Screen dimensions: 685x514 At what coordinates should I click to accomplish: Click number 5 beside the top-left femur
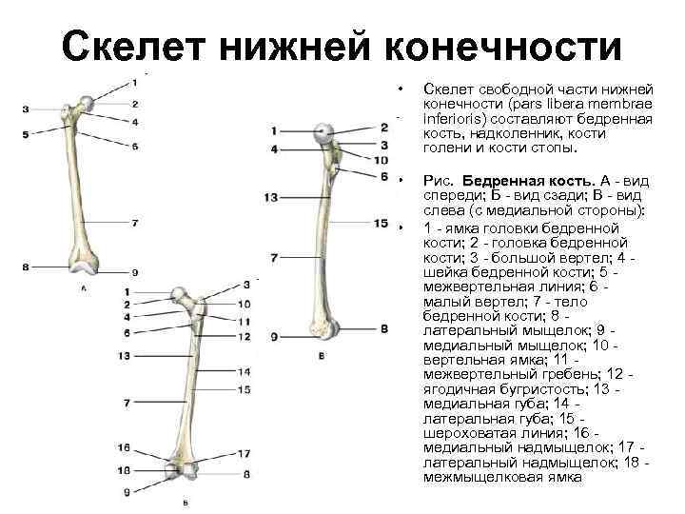[x=25, y=132]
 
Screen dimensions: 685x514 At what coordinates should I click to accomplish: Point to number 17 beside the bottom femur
[x=245, y=453]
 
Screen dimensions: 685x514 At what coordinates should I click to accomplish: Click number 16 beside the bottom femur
[x=125, y=447]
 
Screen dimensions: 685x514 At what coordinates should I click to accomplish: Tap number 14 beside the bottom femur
[x=245, y=373]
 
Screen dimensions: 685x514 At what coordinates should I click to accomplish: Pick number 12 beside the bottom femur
[x=245, y=336]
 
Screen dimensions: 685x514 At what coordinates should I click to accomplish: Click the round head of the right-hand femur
[x=323, y=134]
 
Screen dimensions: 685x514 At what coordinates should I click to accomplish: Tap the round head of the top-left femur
[x=87, y=102]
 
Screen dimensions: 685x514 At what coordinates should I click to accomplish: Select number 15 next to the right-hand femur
[x=382, y=224]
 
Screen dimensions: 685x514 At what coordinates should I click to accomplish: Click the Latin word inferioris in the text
[x=453, y=119]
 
